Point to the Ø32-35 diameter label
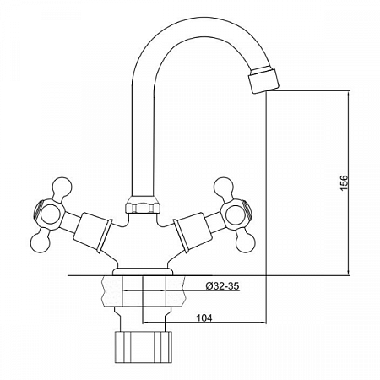[x=222, y=286]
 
